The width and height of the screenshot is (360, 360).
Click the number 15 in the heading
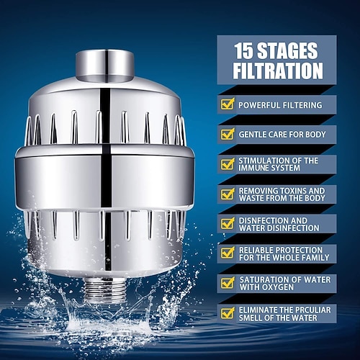pos(246,51)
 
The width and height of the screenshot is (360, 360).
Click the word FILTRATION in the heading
pos(277,71)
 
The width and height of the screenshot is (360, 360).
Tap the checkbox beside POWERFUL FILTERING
pos(228,104)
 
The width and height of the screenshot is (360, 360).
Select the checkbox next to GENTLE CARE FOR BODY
pos(228,134)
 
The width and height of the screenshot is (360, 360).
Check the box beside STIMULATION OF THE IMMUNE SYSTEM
pos(228,163)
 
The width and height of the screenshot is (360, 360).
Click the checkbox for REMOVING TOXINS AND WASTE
pos(228,194)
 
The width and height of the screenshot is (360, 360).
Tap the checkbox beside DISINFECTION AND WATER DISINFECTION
pos(228,223)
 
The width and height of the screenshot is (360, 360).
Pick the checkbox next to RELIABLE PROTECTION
pos(228,253)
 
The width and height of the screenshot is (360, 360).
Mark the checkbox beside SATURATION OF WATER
pos(228,282)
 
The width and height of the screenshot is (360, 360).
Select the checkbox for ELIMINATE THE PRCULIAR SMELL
pos(228,312)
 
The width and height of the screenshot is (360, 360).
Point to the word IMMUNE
pos(258,168)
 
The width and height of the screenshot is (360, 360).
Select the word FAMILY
pos(313,257)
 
